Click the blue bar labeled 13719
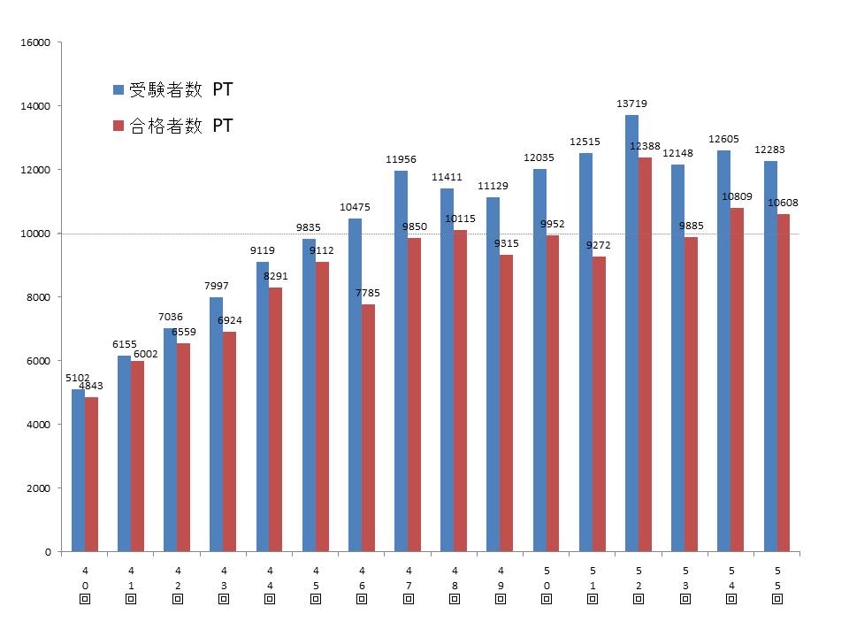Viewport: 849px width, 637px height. coord(631,334)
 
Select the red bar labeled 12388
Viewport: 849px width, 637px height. coord(645,354)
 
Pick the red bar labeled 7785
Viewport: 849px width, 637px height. coord(368,428)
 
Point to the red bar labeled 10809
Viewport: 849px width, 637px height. coord(737,380)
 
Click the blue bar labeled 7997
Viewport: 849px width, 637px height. coord(216,425)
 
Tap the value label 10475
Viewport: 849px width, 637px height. coord(355,207)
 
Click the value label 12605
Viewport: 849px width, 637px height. coord(724,139)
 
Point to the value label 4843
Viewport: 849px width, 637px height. coord(91,386)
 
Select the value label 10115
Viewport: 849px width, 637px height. coord(460,219)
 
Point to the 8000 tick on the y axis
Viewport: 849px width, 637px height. coord(40,297)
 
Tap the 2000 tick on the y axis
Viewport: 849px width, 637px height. coord(40,488)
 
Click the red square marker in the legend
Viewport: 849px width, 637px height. coord(118,126)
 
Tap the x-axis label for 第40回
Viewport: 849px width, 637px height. coord(85,585)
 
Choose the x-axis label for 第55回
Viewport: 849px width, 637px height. coord(776,585)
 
